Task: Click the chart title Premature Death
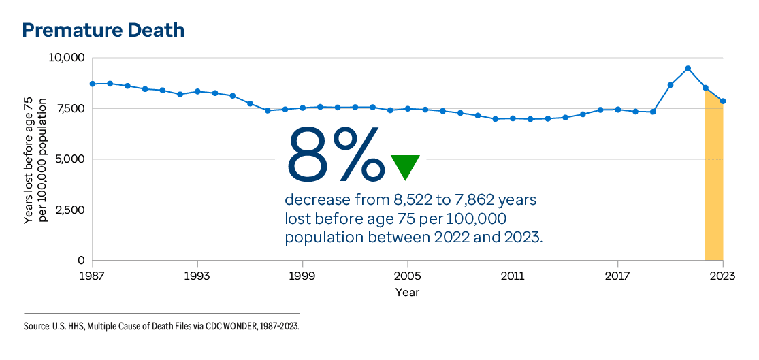click(x=103, y=30)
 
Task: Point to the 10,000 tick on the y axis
click(x=66, y=58)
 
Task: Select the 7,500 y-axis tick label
click(x=69, y=108)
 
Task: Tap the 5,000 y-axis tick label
click(x=69, y=159)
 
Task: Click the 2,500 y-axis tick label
click(x=69, y=210)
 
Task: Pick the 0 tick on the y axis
click(x=81, y=261)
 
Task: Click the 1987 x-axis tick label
click(x=93, y=277)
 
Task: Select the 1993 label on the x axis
click(x=197, y=277)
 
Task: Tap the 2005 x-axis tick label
click(x=408, y=277)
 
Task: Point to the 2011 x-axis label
click(x=513, y=277)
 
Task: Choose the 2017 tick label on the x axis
click(x=617, y=277)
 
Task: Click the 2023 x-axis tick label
click(x=722, y=277)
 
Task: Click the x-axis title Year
click(x=408, y=293)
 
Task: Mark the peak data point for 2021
click(x=688, y=68)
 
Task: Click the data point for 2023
click(x=723, y=101)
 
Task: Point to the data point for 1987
click(x=93, y=84)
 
